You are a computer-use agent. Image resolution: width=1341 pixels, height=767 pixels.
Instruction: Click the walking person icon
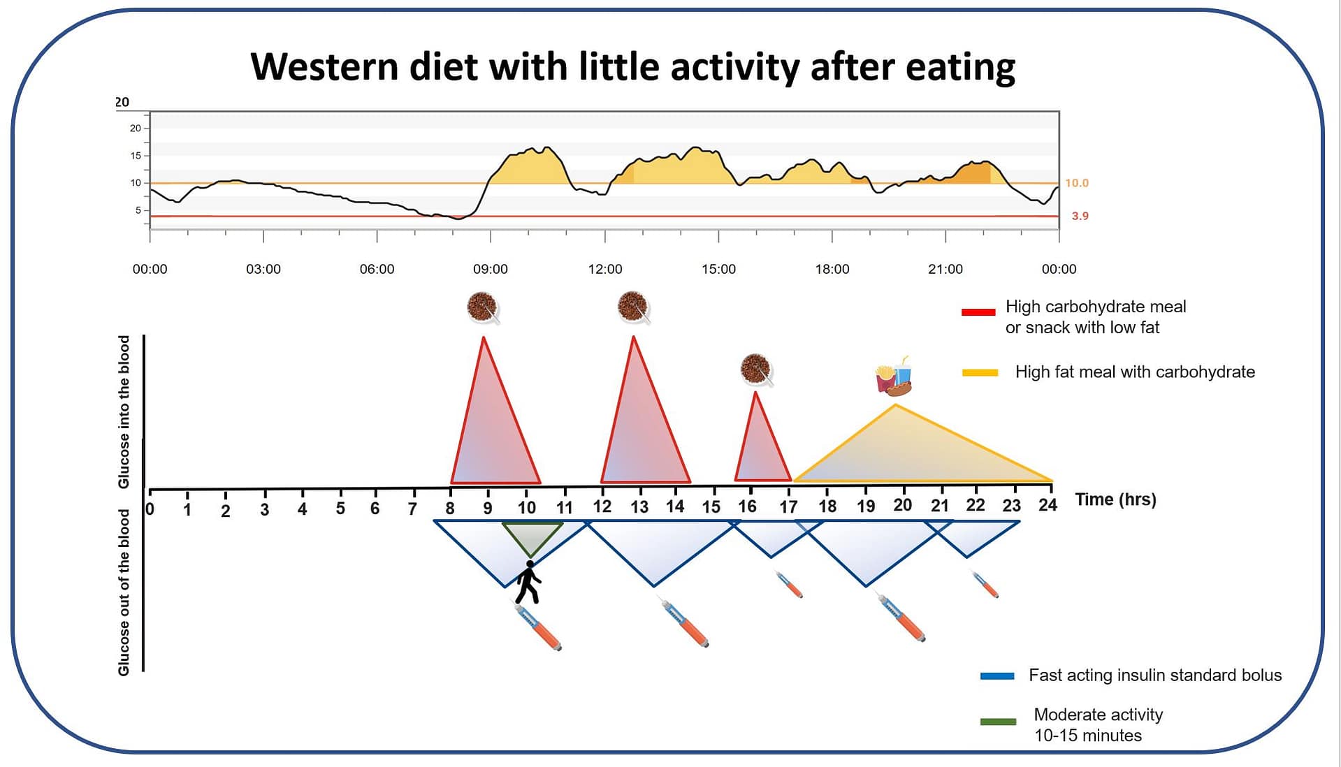528,582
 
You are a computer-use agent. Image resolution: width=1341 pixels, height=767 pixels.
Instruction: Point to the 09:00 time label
491,270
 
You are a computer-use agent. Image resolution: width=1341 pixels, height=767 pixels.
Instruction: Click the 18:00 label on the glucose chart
832,270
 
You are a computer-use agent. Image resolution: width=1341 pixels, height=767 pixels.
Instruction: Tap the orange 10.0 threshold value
1077,183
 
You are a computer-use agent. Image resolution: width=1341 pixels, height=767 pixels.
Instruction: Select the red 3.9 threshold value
1080,216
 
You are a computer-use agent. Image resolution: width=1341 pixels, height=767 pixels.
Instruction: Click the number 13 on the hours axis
639,507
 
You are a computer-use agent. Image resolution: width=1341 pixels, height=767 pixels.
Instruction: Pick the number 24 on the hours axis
1048,505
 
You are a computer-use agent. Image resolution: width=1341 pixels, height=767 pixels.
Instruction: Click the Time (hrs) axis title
1115,499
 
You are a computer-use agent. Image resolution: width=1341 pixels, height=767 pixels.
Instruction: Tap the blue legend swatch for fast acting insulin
997,675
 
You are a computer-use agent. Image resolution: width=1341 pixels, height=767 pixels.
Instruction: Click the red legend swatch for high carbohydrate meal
978,312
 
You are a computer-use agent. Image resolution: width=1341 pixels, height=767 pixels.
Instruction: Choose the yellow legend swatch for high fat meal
980,373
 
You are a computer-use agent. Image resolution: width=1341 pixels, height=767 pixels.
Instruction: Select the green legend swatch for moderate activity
998,722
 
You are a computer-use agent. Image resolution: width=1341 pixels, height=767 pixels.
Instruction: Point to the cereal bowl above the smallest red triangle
756,369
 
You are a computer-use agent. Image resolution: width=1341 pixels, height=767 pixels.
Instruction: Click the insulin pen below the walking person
539,628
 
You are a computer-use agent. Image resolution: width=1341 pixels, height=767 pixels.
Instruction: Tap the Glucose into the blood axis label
124,411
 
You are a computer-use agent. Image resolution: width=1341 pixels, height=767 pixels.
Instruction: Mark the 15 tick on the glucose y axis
136,156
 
